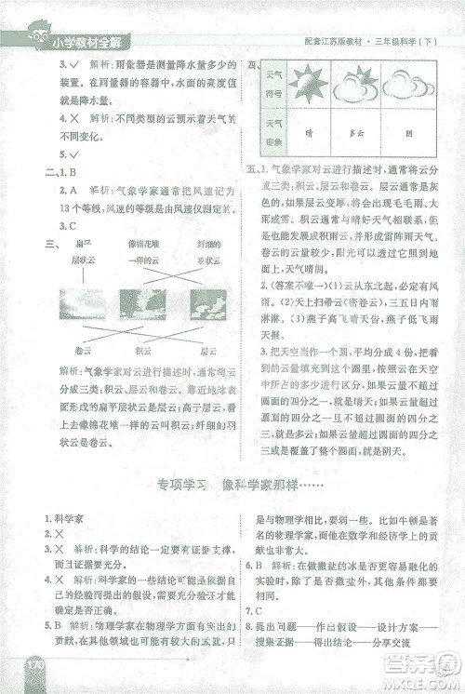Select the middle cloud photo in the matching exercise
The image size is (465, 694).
pos(142,305)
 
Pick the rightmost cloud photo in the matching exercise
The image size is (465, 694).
pos(206,305)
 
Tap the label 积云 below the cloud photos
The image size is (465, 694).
pos(142,350)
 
